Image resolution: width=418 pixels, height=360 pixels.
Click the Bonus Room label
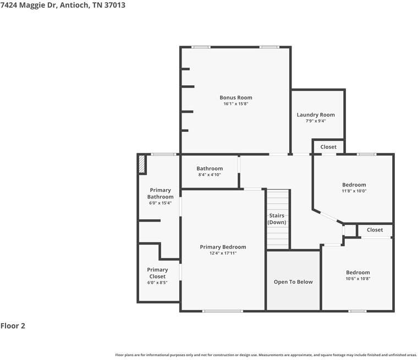236,98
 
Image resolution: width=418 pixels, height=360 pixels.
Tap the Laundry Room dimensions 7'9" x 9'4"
316,121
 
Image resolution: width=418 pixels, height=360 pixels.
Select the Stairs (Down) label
277,219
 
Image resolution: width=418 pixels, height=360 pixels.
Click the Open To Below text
293,282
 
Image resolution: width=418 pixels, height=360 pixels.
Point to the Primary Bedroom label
223,247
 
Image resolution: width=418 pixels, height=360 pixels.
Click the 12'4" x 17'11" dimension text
223,253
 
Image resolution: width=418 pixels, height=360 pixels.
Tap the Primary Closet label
157,273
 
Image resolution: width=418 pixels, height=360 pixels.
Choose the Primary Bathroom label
160,193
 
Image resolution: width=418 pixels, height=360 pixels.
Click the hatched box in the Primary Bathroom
142,164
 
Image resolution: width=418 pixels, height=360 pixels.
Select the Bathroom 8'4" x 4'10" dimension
210,175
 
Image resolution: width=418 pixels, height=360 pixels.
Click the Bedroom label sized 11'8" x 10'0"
354,185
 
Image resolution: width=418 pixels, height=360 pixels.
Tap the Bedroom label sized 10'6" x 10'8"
358,273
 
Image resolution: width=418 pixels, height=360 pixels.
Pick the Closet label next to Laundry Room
328,147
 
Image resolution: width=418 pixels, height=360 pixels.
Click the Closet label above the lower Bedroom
375,230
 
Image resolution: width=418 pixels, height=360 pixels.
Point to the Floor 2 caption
13,326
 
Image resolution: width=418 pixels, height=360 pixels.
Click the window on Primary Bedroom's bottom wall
222,311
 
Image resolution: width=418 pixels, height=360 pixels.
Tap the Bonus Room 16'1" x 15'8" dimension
236,104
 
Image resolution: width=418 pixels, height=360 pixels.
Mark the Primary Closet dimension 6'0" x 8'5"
157,283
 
